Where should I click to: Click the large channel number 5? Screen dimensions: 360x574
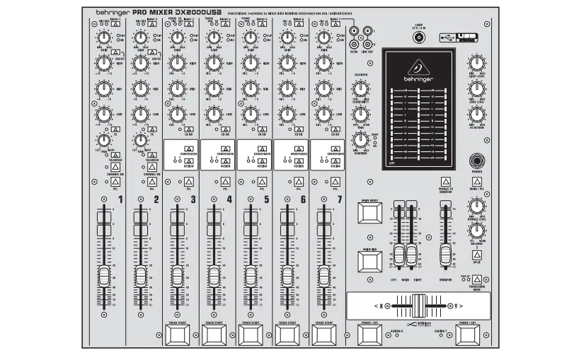[266, 200]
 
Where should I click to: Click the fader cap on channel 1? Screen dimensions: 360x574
[103, 274]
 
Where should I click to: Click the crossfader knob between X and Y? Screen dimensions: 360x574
[417, 306]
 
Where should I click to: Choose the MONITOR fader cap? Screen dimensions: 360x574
[444, 255]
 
